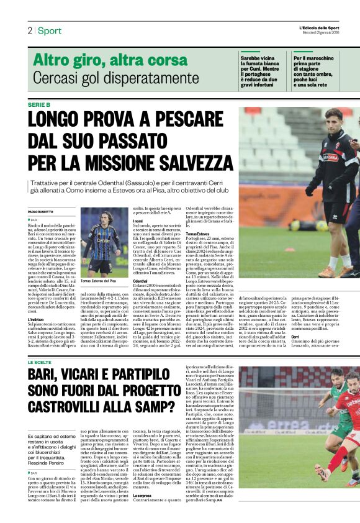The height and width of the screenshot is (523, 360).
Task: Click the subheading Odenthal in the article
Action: (x=142, y=281)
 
